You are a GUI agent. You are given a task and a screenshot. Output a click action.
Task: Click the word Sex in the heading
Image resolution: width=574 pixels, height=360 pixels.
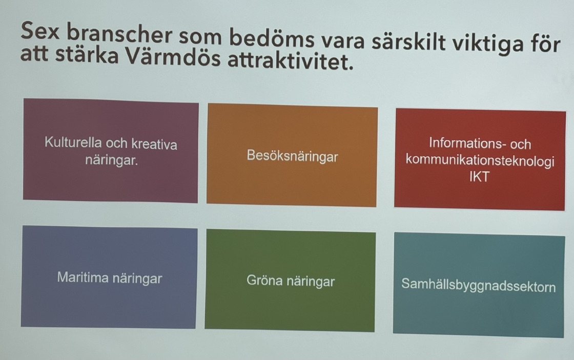[39, 31]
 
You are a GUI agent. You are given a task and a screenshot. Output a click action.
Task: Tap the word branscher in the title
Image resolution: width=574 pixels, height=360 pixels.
[119, 34]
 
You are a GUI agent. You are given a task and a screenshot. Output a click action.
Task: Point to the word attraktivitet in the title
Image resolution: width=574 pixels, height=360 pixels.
[291, 61]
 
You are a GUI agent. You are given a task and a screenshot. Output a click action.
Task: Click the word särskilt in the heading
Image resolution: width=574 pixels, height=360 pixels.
[408, 41]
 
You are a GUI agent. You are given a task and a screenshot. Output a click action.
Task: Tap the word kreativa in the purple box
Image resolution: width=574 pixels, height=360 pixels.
[154, 144]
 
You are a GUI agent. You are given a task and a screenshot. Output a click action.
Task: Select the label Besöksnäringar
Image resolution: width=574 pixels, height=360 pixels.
[292, 156]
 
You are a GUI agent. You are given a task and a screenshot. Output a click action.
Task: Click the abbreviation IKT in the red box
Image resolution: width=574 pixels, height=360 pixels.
[479, 177]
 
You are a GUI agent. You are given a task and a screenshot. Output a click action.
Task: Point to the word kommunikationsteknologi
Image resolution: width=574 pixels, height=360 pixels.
[480, 161]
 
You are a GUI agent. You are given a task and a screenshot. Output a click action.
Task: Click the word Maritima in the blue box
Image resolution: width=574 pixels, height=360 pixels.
[83, 277]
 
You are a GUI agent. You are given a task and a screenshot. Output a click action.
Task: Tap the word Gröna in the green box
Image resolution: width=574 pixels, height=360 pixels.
[264, 280]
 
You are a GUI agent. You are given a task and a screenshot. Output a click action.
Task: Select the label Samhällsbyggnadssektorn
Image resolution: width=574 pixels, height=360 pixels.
[479, 285]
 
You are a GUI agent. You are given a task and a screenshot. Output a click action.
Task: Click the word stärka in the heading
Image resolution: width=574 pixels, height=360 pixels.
[87, 54]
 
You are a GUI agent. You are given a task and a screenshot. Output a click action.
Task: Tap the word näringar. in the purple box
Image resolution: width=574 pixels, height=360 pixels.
[112, 161]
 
